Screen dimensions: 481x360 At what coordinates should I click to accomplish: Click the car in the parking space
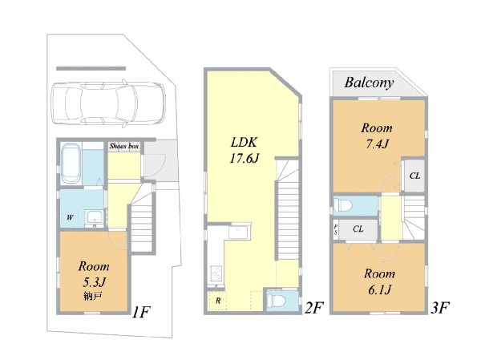click(108, 103)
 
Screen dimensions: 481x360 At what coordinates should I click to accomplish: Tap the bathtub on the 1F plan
click(71, 164)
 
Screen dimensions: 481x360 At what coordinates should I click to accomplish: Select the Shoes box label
click(124, 146)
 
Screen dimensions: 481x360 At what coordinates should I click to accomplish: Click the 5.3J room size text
click(94, 282)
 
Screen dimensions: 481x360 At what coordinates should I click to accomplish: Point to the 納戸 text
click(93, 296)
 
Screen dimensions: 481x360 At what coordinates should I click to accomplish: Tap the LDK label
click(244, 143)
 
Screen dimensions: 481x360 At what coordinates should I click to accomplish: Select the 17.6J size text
click(245, 159)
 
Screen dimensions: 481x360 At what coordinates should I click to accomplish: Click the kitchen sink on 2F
click(239, 233)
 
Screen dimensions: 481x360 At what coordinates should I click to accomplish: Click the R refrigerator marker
click(218, 301)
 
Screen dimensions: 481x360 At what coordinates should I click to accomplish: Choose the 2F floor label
click(313, 308)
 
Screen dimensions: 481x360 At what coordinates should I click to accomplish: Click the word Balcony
click(369, 83)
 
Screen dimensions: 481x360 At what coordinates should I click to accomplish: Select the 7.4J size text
click(377, 144)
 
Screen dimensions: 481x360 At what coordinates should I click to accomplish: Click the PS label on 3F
click(336, 229)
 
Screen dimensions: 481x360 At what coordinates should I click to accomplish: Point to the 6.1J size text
click(379, 289)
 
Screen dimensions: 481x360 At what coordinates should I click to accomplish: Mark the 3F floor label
click(440, 308)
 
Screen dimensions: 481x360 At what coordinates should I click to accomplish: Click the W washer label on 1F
click(70, 217)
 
